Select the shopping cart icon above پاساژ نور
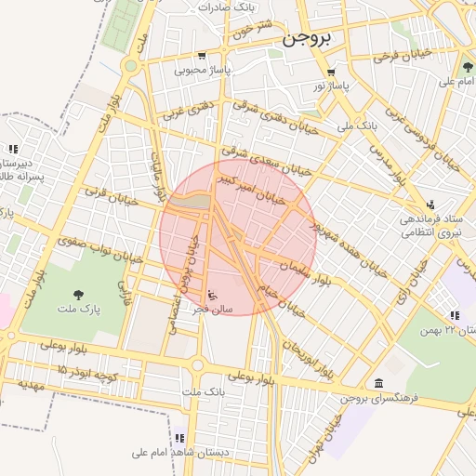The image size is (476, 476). pyautogui.click(x=330, y=73)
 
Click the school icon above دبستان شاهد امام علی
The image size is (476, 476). pyautogui.click(x=179, y=438)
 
